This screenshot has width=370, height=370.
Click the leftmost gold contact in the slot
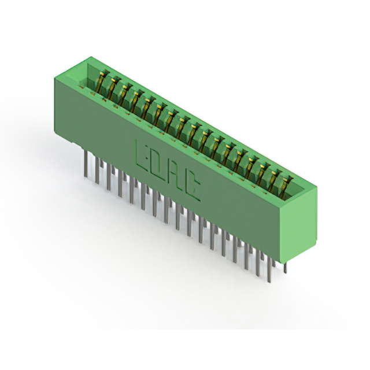point(101,82)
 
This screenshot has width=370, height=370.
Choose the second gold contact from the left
point(112,88)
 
